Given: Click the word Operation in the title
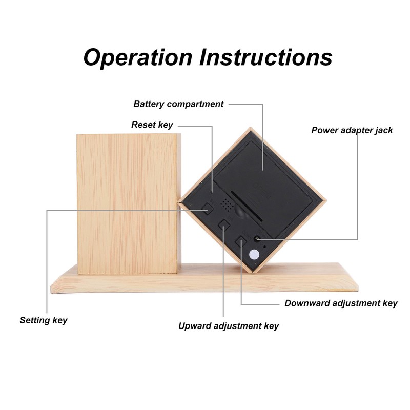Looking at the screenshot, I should (x=137, y=57).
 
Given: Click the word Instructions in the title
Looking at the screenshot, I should (x=266, y=57).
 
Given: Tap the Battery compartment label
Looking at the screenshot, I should (x=178, y=104).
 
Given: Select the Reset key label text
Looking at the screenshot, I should (x=152, y=125).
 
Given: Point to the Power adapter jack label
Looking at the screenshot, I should (x=352, y=130).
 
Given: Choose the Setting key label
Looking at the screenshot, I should (x=44, y=321).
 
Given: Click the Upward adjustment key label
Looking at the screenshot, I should (x=229, y=326).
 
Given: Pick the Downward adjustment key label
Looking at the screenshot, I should (x=341, y=303).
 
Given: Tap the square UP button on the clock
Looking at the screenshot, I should (x=224, y=224).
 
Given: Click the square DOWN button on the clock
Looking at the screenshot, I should (x=241, y=240).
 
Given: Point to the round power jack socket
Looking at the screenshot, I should (x=257, y=238).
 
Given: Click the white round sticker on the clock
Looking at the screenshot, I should (x=254, y=255).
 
